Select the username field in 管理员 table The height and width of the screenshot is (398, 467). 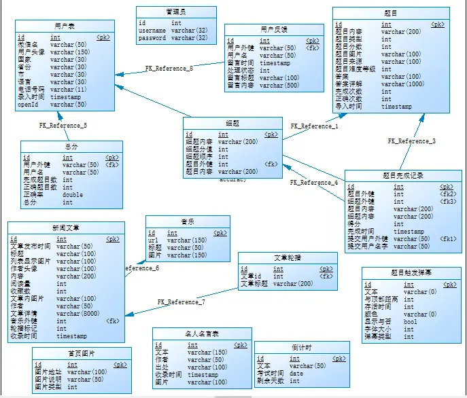click(152, 31)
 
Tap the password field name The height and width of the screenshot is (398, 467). click(152, 38)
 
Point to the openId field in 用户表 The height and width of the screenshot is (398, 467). click(29, 105)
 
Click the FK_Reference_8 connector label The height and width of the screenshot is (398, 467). click(169, 68)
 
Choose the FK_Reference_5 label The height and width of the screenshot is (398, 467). click(63, 126)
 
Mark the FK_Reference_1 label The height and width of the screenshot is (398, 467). click(314, 126)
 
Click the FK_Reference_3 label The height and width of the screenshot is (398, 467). click(411, 141)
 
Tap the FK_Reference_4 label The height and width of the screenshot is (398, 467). click(313, 183)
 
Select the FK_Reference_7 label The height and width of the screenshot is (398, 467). click(181, 302)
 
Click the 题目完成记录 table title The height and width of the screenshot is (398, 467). click(402, 175)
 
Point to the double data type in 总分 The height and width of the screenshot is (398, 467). click(73, 194)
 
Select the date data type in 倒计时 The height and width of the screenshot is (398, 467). click(296, 374)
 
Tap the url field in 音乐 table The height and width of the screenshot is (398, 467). click(154, 240)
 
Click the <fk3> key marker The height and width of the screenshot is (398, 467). click(447, 202)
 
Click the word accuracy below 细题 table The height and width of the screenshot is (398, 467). click(232, 179)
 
